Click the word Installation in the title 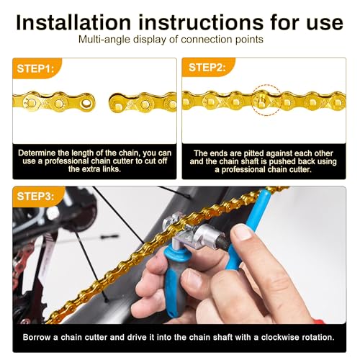(x=71, y=22)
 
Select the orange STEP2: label (x=207, y=68)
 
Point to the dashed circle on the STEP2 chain (x=263, y=98)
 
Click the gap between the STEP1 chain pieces (x=101, y=102)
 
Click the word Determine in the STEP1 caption (x=42, y=153)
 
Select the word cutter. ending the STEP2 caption (x=311, y=169)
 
